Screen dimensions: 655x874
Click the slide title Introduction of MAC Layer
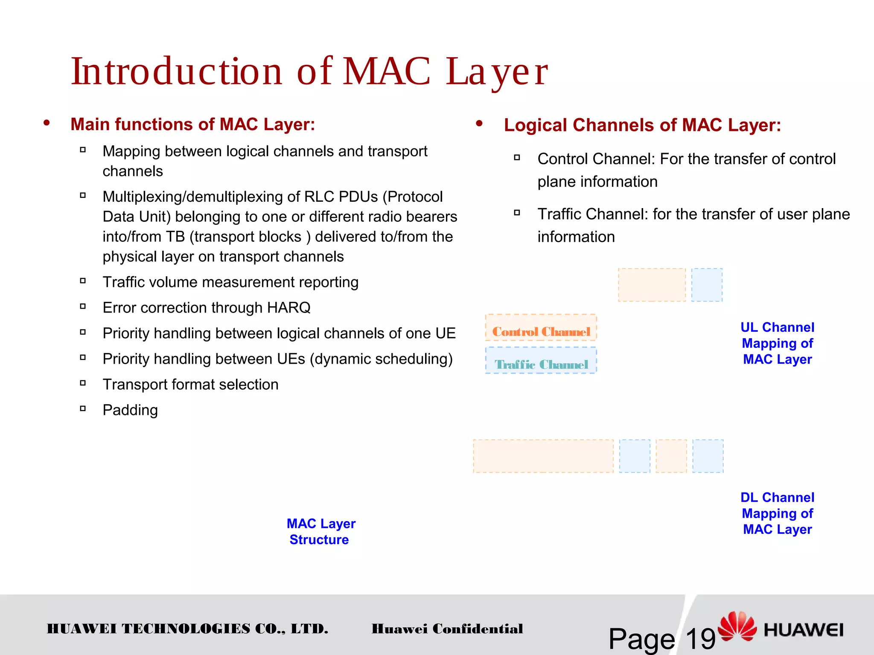click(309, 72)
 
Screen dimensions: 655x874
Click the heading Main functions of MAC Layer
click(192, 125)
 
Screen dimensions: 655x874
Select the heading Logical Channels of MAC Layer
click(642, 125)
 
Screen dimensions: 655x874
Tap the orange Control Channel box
click(541, 327)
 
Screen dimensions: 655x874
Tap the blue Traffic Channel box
click(541, 361)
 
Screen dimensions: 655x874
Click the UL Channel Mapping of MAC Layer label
click(777, 343)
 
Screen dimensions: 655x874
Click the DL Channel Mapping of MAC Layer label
click(777, 513)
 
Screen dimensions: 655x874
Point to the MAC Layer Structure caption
click(320, 531)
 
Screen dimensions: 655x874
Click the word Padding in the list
click(130, 410)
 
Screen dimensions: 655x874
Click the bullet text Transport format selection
click(190, 385)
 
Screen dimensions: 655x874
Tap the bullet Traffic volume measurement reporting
click(230, 282)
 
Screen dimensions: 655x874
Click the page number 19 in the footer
click(700, 639)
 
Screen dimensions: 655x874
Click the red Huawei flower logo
click(737, 626)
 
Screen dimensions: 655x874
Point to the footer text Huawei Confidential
click(447, 629)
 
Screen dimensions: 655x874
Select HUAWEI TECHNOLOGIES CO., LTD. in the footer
click(187, 629)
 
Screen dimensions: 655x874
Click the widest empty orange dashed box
click(543, 456)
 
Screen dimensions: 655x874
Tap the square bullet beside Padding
click(83, 409)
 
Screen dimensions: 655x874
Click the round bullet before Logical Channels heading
click(479, 124)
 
